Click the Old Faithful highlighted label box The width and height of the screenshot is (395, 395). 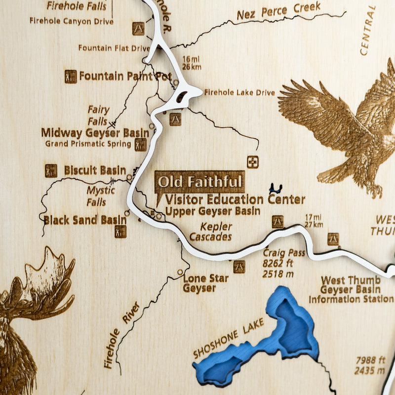coord(199,182)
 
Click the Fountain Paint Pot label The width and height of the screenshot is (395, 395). coord(125,76)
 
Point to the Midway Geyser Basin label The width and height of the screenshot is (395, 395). coord(95,133)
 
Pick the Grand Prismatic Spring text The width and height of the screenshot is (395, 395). coord(88,144)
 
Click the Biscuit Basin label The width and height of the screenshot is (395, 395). coord(95,170)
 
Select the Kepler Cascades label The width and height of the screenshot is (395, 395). coord(216,232)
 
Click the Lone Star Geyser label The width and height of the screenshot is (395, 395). coord(206,283)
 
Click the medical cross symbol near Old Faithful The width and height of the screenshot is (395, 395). coord(253,162)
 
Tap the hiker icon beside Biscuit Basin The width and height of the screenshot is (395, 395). coord(51,171)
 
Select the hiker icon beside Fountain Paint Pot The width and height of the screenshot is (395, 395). coord(71,77)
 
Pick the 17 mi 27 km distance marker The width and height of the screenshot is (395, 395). coord(314,220)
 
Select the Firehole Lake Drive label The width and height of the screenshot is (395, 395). coord(239,92)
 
